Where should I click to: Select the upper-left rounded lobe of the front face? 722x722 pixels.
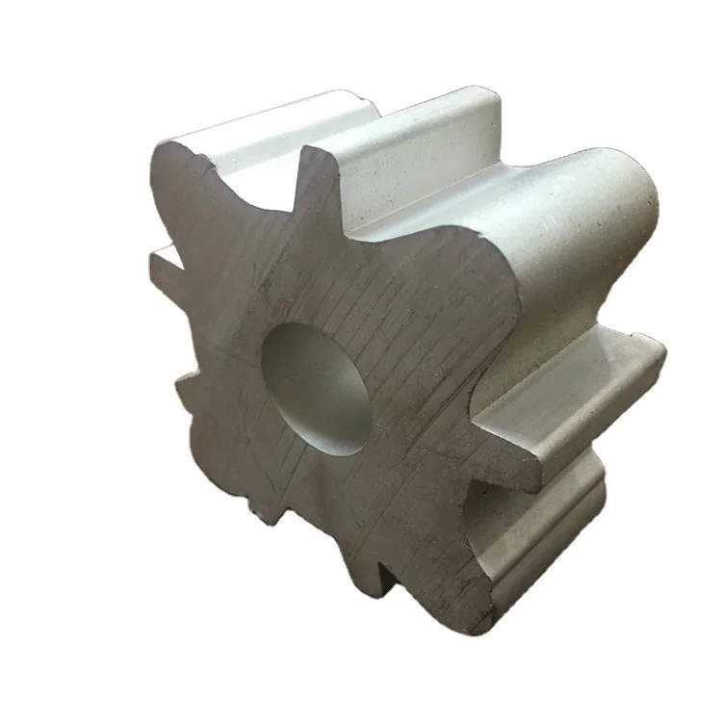[193, 183]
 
